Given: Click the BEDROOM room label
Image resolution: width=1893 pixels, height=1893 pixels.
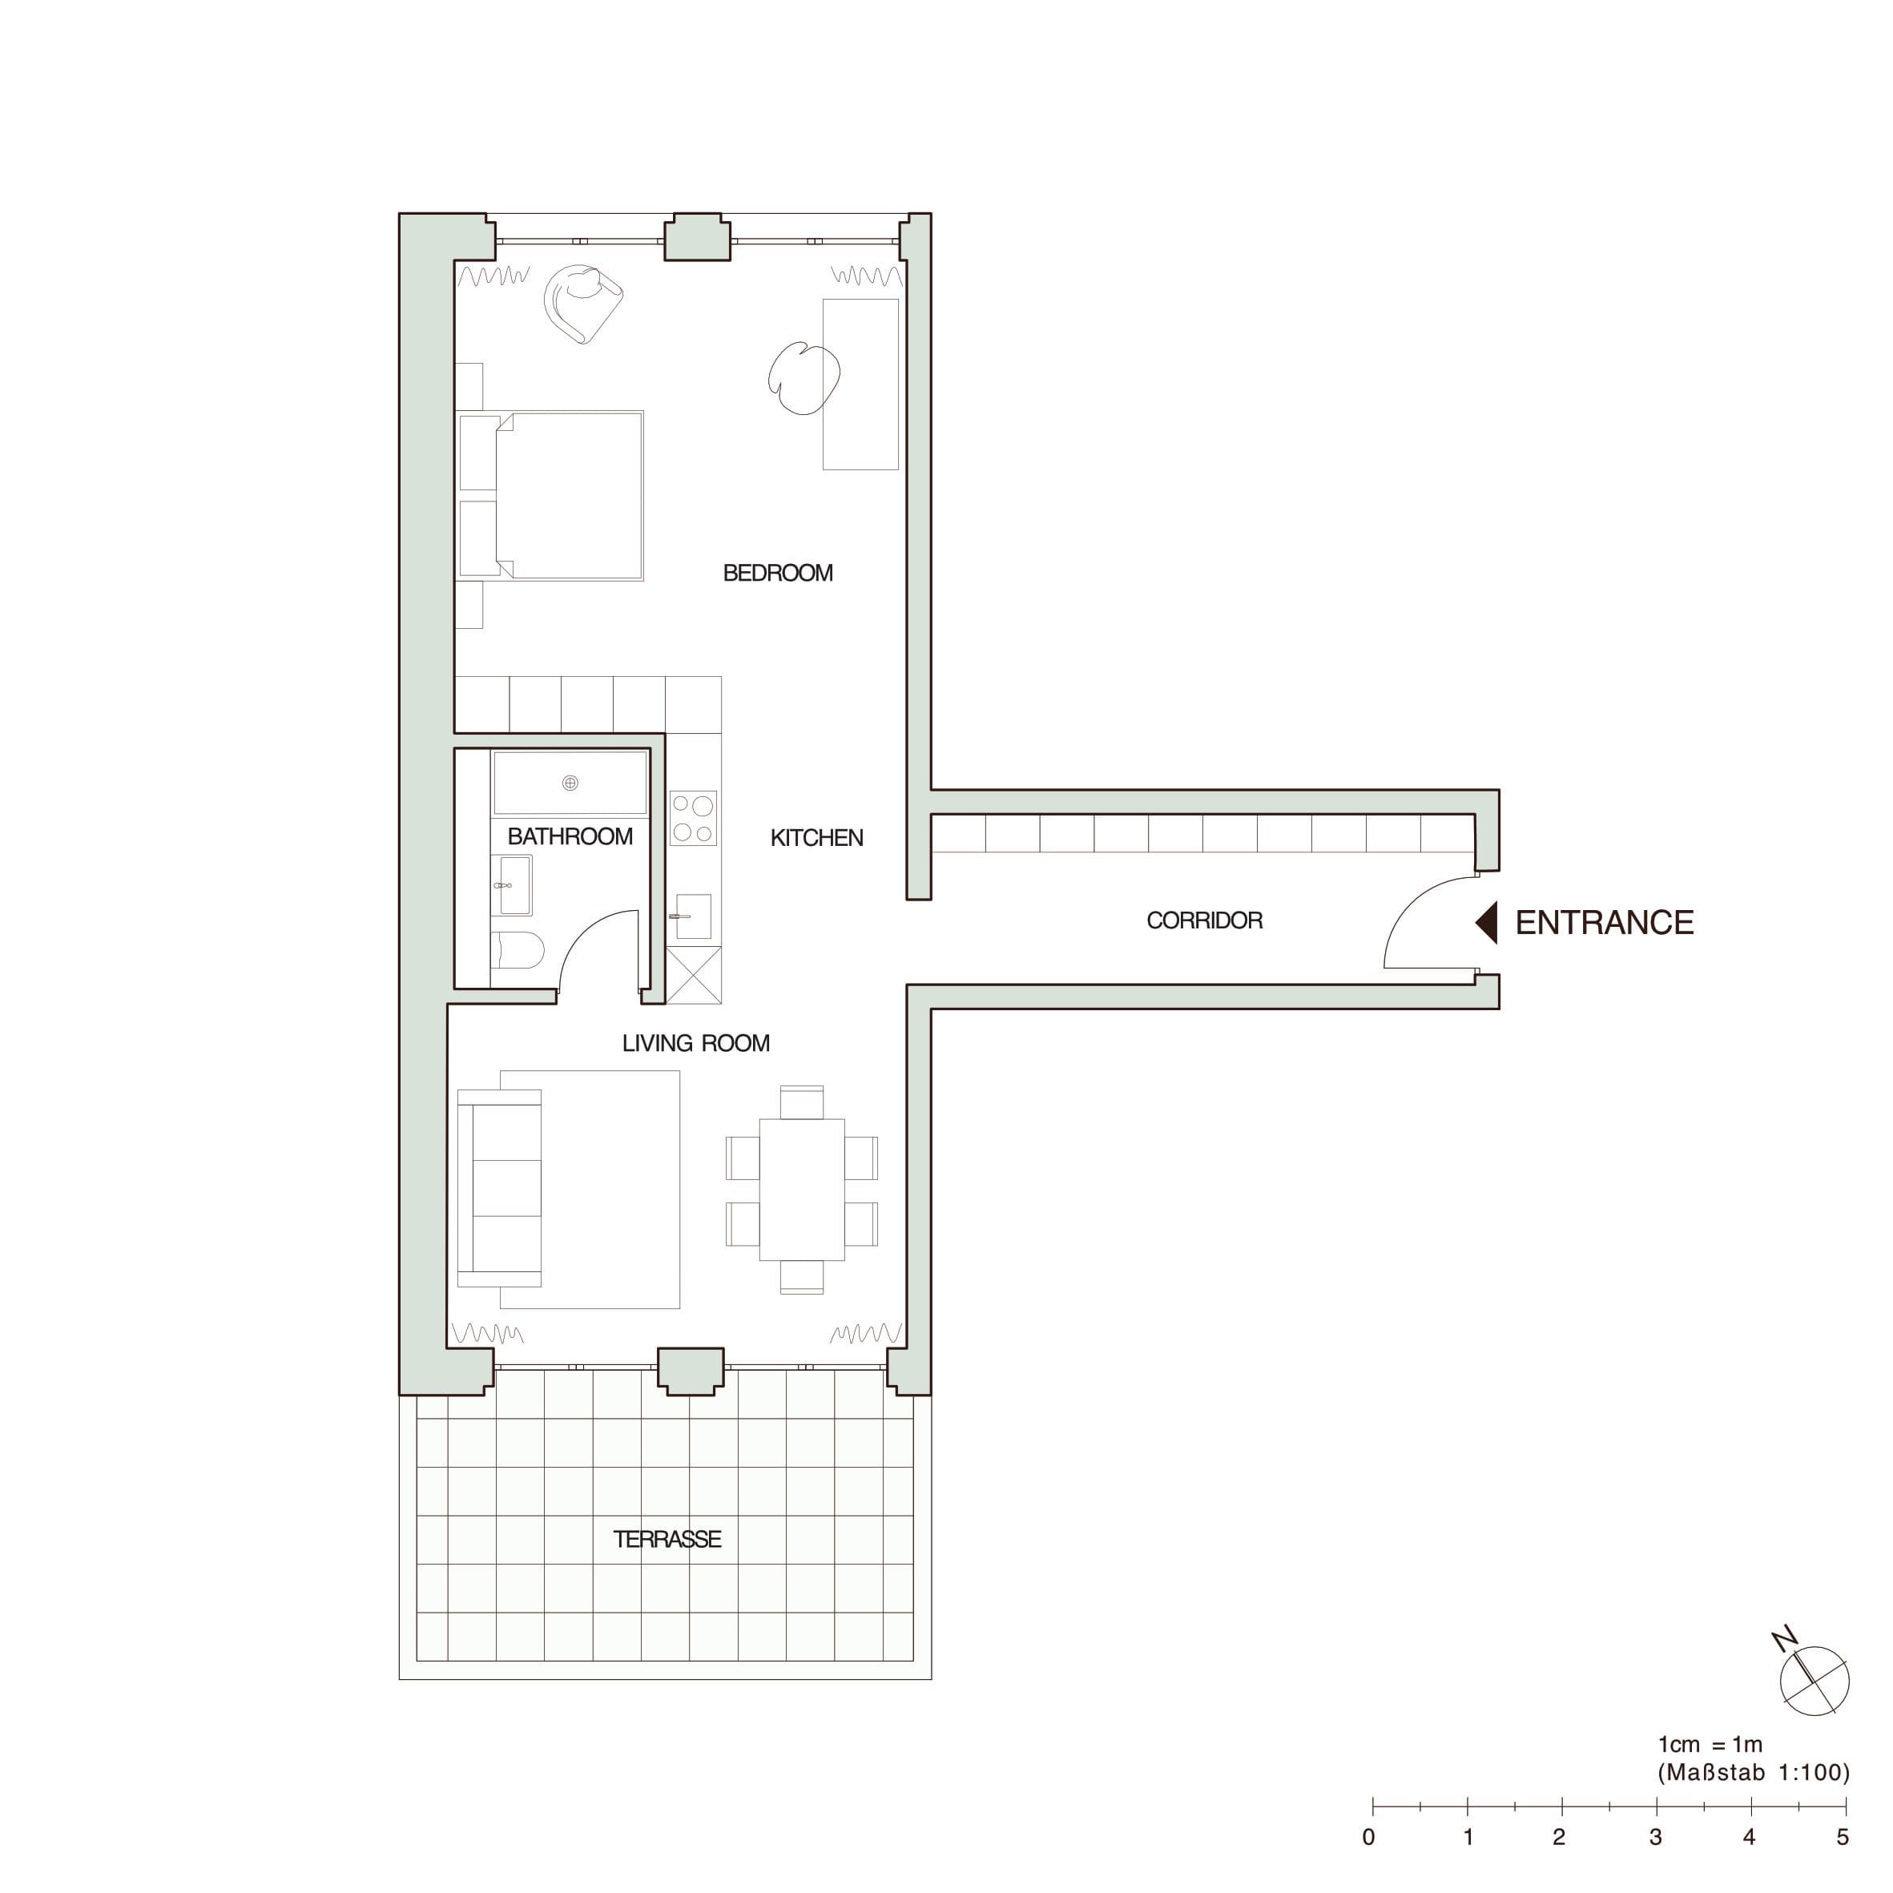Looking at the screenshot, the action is [778, 574].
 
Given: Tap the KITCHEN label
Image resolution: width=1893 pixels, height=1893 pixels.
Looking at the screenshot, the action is [816, 838].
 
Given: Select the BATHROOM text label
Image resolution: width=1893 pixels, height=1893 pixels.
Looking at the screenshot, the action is [570, 836].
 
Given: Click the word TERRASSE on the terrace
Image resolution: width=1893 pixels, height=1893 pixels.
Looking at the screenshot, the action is [667, 1539].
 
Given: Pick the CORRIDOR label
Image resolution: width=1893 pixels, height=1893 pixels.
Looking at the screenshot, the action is [1204, 920].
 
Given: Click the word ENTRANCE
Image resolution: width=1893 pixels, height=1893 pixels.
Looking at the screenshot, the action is [1604, 923].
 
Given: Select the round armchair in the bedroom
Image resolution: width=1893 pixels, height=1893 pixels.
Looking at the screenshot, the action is [584, 304].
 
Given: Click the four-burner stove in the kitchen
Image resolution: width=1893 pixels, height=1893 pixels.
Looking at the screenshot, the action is [693, 818].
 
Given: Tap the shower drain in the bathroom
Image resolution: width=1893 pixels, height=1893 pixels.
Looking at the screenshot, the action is [570, 783].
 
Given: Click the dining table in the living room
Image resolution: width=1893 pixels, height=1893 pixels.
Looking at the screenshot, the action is [801, 1190].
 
